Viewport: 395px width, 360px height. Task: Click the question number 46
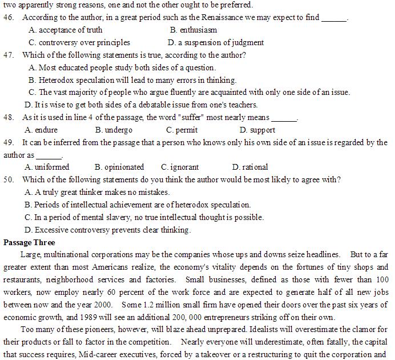coord(8,18)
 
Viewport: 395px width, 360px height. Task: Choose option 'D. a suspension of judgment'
coord(216,42)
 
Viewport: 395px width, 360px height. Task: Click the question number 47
coord(8,55)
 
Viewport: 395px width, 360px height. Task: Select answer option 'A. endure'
coord(42,130)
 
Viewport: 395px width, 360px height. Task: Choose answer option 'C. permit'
coord(178,130)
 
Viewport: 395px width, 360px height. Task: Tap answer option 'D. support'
coord(257,130)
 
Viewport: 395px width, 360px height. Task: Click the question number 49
coord(8,142)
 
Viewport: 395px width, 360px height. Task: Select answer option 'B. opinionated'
coord(119,167)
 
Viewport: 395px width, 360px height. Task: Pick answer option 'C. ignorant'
coord(180,167)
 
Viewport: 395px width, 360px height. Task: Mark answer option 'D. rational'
coord(250,167)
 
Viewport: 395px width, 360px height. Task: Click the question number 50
coord(8,180)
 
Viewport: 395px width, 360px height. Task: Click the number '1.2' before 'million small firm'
coord(147,305)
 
